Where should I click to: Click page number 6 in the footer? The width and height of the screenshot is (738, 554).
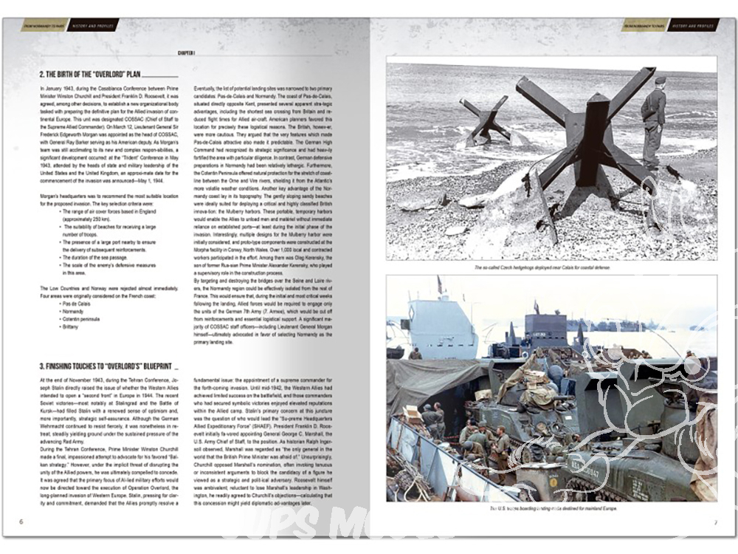pos(21,522)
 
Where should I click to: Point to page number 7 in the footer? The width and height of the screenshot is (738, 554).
pos(715,522)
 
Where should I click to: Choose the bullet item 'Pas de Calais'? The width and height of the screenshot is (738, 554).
pos(76,303)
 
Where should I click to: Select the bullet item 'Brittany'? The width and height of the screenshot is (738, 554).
pos(72,325)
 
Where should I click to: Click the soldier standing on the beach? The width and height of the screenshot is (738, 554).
pos(653,118)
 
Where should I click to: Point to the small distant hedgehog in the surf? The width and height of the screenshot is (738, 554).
pos(486,118)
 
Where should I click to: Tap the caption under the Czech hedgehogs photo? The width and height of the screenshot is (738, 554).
pos(551,267)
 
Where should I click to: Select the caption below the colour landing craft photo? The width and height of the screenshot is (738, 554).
pos(551,509)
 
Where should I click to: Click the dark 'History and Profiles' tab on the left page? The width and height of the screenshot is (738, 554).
pos(92,25)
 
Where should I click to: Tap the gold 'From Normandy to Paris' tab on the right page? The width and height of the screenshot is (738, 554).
pos(644,25)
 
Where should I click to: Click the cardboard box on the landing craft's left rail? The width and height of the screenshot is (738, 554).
pos(411,411)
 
